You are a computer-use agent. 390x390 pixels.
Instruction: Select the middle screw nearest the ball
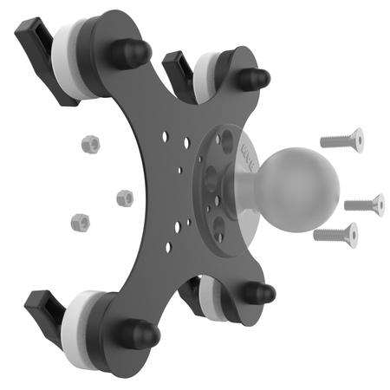click(364, 205)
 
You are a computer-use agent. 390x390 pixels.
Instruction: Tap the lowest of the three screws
click(335, 231)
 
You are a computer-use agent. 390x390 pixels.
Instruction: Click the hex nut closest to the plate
click(125, 198)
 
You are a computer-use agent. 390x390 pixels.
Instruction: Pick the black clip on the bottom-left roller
click(43, 307)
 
